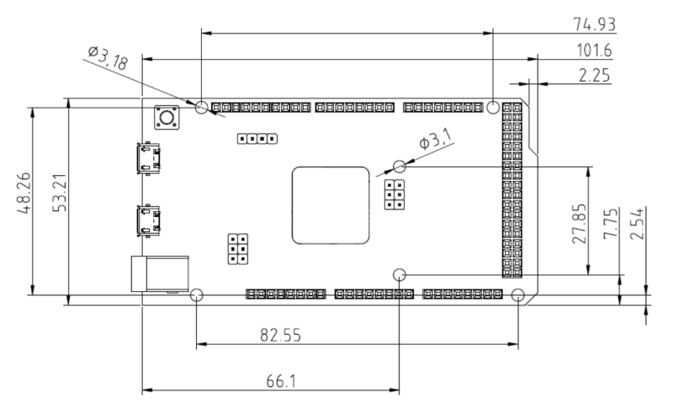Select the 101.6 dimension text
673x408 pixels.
(x=594, y=51)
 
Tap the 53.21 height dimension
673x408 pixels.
(x=59, y=195)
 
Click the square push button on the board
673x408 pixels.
(x=163, y=118)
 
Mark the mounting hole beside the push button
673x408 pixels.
(x=202, y=108)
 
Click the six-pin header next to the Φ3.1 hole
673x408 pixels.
(x=393, y=194)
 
